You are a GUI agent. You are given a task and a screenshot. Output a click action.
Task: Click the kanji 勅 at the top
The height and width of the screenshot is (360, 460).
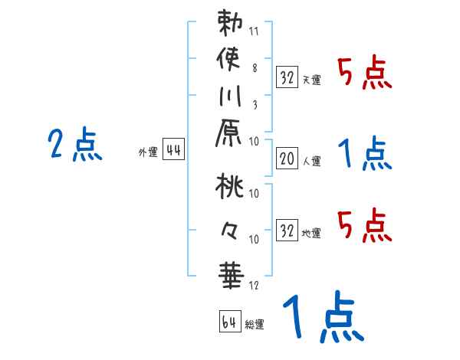230,24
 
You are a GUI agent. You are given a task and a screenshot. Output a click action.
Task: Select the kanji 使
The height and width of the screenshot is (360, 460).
230,61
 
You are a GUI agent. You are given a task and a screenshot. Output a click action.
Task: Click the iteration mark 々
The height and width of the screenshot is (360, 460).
229,230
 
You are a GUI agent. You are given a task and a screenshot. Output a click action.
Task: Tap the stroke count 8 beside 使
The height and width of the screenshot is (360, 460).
254,68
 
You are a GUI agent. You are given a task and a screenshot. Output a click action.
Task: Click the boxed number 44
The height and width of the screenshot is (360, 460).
173,151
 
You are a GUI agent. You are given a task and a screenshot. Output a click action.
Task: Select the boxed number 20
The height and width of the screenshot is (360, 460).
286,160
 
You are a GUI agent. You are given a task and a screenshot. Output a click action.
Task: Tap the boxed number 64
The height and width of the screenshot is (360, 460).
229,322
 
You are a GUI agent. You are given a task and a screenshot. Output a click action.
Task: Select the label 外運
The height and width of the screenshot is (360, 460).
147,152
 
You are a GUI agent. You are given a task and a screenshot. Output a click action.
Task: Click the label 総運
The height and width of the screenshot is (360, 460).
255,325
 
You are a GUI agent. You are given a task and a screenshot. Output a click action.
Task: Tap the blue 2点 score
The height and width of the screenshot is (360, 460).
75,145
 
